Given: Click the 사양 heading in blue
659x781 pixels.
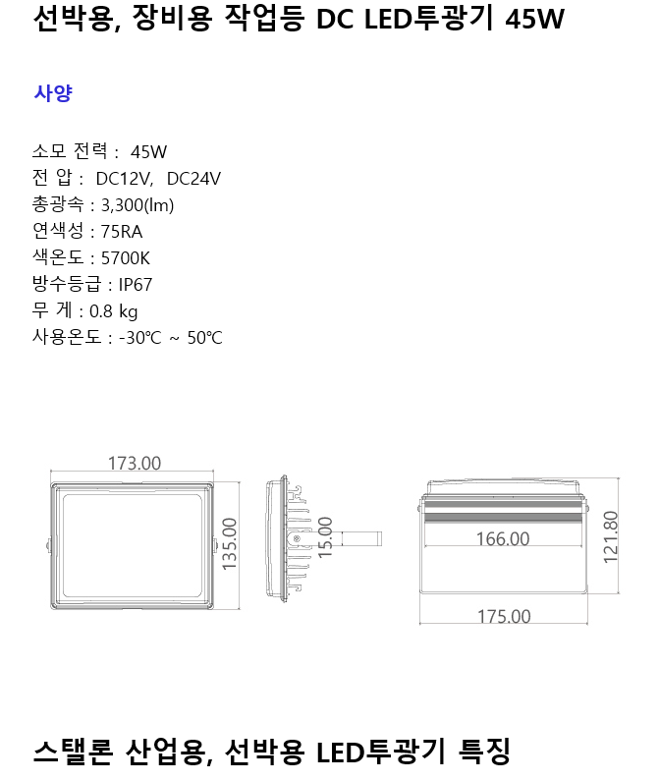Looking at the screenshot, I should tap(52, 93).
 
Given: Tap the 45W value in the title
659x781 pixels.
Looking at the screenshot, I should tap(533, 19).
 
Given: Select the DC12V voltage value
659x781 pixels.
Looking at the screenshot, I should tap(123, 178).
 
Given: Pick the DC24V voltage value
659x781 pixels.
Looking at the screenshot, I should tap(193, 178).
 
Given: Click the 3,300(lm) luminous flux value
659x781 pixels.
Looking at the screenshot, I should tap(137, 204).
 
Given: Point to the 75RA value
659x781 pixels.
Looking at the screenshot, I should tap(122, 232).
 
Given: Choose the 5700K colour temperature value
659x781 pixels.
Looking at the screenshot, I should tap(127, 258).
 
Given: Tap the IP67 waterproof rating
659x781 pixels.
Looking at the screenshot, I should tap(136, 285).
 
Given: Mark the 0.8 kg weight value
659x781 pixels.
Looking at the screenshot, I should tap(114, 311).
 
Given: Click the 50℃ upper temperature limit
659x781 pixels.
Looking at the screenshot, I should tap(204, 338).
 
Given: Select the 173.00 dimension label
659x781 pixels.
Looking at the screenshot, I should tap(134, 464).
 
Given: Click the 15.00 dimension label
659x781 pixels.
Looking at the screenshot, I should tap(326, 536).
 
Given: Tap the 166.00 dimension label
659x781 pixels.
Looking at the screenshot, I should tap(502, 538).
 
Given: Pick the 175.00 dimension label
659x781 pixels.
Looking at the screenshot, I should tap(504, 616).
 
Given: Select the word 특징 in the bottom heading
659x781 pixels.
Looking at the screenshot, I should tap(485, 753).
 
